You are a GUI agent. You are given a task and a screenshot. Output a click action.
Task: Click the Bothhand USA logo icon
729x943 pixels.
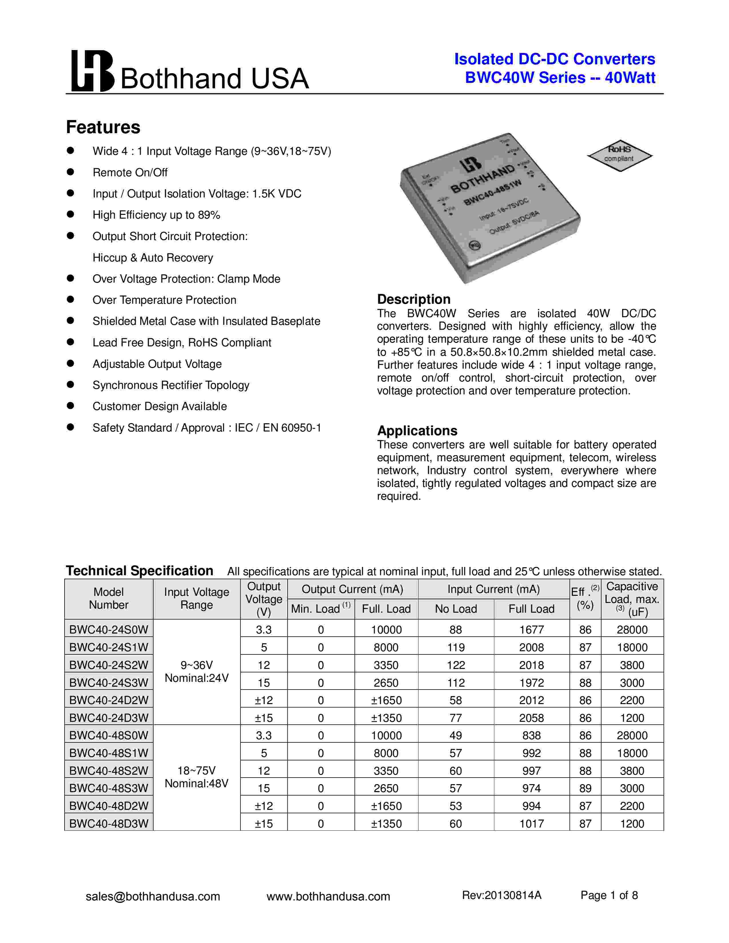coord(92,71)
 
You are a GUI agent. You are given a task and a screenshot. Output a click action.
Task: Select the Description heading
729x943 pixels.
coord(413,299)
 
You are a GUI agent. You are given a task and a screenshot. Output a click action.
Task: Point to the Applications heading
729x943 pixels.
coord(417,430)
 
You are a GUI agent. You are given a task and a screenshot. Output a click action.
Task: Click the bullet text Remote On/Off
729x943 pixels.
coord(130,173)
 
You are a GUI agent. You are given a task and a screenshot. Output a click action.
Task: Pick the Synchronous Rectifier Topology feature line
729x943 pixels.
coord(171,385)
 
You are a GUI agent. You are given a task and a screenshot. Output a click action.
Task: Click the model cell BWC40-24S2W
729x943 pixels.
coord(109,665)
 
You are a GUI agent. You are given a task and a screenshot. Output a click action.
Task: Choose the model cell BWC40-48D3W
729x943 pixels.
coord(109,823)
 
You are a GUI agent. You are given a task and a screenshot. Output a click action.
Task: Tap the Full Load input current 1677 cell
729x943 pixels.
coord(531,630)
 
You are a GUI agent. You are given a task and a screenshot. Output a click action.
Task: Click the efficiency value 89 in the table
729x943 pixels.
coord(585,788)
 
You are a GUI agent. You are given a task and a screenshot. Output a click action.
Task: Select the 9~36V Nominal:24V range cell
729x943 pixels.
coord(196,672)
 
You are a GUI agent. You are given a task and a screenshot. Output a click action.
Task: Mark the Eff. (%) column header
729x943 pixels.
coord(585,599)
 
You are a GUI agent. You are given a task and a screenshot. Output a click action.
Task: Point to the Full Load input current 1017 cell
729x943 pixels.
coord(531,823)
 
